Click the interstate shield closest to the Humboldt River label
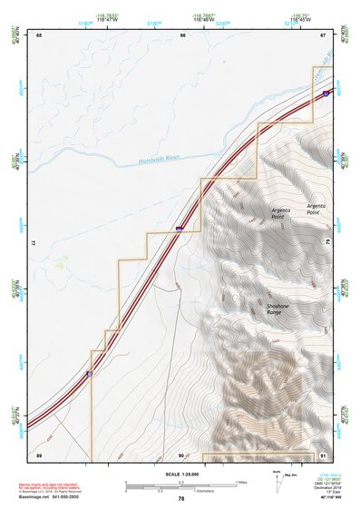coord(180,228)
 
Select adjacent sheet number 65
coord(40,34)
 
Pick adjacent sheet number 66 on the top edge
coord(182,34)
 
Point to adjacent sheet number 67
coord(323,34)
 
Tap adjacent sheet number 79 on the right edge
coord(327,243)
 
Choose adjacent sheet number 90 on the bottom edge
coord(181,455)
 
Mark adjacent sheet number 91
coord(323,455)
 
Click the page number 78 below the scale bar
coord(181,498)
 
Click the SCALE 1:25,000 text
coord(181,475)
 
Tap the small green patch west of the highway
coord(61,263)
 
